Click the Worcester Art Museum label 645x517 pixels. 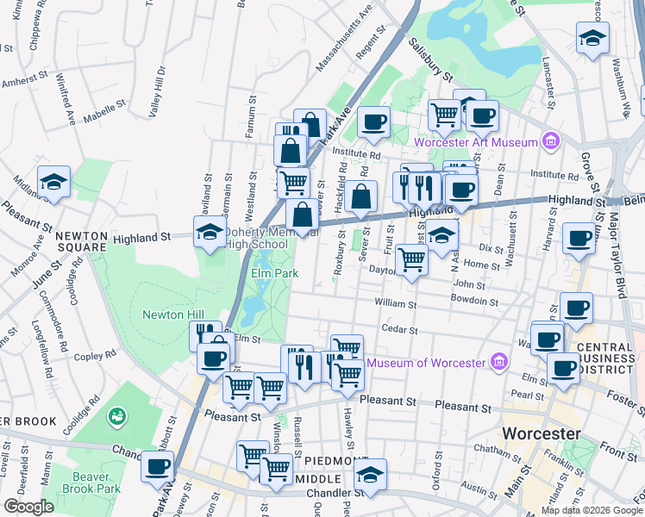tap(475, 142)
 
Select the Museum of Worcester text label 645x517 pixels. tap(426, 362)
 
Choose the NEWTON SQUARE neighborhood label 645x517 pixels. tap(81, 243)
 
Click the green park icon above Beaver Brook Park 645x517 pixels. tap(115, 417)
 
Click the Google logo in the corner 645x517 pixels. tap(28, 507)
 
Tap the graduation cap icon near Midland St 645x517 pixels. tap(54, 182)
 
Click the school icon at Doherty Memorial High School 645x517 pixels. tap(209, 232)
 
